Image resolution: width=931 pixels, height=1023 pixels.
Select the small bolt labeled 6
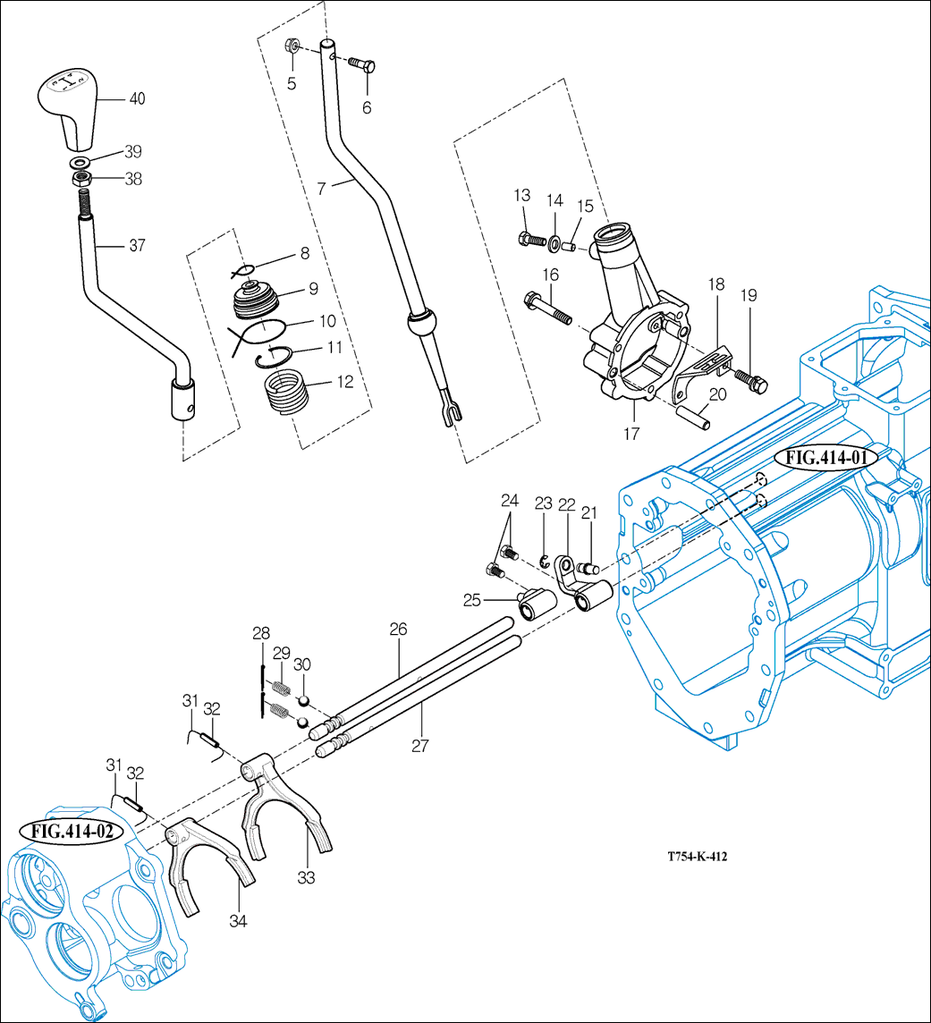[x=360, y=63]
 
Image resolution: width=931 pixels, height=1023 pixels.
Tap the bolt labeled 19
[x=749, y=382]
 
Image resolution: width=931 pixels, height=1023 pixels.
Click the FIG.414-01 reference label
[x=828, y=459]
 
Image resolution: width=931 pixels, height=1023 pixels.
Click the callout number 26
[x=398, y=630]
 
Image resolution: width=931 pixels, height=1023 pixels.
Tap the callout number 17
[x=631, y=434]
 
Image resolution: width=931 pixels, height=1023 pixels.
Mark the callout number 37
[x=136, y=245]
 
